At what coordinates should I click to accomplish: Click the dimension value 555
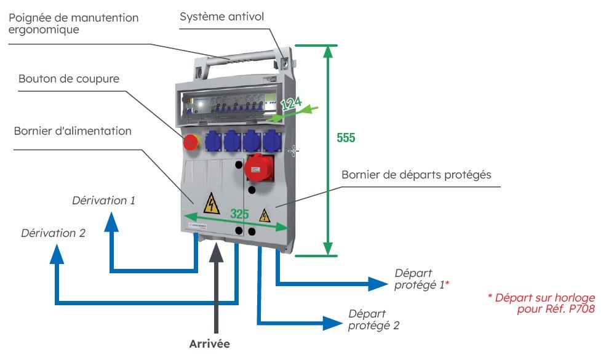click(x=346, y=138)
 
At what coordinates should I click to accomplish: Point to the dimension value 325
click(x=240, y=214)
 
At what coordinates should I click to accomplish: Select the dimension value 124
click(x=291, y=104)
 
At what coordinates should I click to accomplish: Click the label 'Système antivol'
click(x=221, y=17)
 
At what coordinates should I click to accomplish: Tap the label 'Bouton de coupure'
click(x=69, y=79)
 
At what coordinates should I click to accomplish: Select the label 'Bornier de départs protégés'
click(x=417, y=175)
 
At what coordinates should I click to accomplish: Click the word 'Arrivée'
click(x=209, y=343)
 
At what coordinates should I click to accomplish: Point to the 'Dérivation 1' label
click(x=103, y=201)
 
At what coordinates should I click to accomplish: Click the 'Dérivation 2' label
click(x=53, y=233)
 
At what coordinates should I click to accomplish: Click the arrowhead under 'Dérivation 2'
click(x=57, y=254)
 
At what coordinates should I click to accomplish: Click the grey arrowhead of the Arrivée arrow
click(x=216, y=253)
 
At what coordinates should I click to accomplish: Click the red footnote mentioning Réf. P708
click(x=541, y=303)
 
